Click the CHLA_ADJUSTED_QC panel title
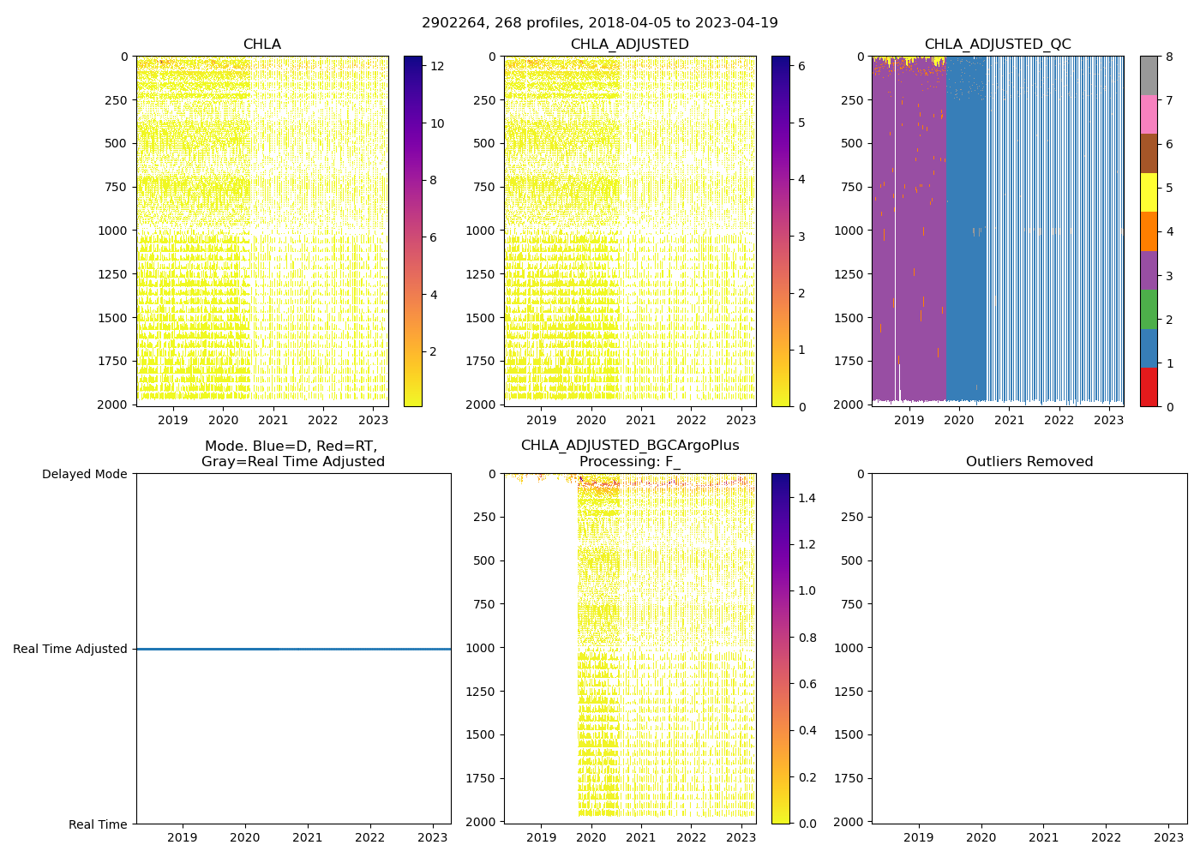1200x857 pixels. [997, 45]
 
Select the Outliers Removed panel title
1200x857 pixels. [1029, 462]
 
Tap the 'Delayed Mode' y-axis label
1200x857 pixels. [84, 474]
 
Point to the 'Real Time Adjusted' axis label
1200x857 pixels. [70, 650]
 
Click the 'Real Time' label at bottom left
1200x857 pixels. [98, 824]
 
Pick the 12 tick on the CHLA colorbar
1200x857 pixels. [437, 66]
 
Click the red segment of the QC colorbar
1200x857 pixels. [1149, 387]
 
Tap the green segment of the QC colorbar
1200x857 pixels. [1149, 309]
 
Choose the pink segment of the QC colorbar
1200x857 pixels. [1149, 114]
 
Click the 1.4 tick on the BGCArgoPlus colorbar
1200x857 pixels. [807, 498]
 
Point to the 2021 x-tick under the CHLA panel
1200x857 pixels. [273, 421]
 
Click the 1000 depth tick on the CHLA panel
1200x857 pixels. [114, 231]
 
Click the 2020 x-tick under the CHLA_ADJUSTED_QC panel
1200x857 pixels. [959, 421]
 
